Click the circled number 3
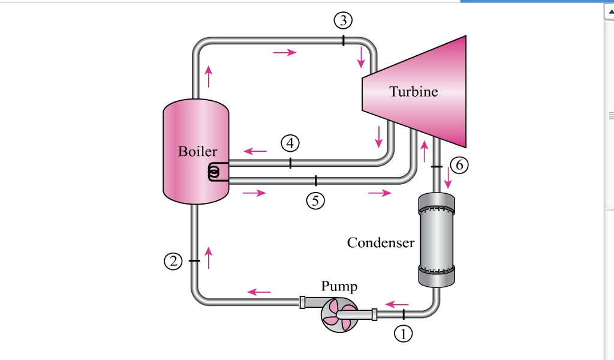pos(343,21)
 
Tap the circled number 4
pos(290,143)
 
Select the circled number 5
pos(315,201)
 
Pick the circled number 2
pos(173,261)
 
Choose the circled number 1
pos(404,334)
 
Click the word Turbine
pos(413,92)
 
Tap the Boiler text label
pos(197,151)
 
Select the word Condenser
pos(380,242)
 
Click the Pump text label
pos(339,286)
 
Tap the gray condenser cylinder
pos(436,240)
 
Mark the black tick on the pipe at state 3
pos(343,40)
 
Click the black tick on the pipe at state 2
pos(194,261)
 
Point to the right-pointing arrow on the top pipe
pos(284,53)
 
